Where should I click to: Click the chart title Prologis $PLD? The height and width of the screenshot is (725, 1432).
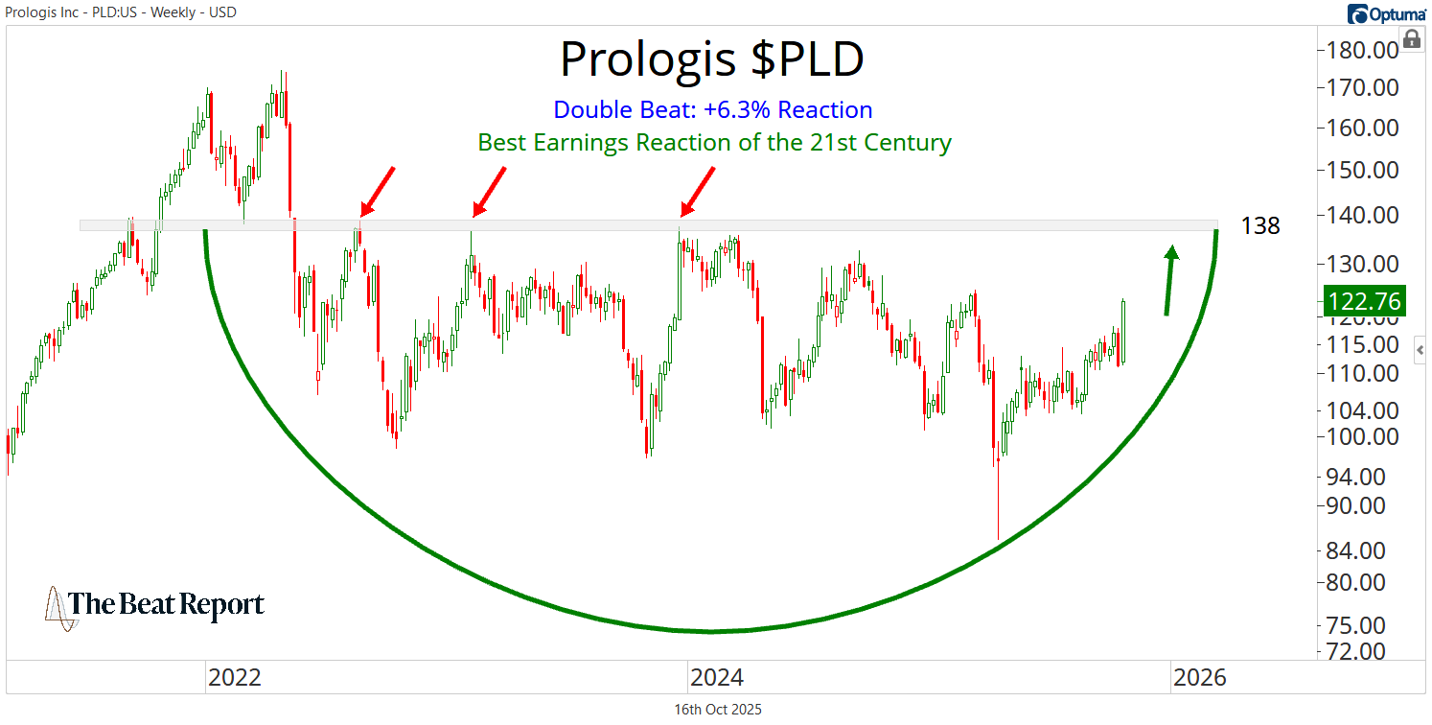coord(711,59)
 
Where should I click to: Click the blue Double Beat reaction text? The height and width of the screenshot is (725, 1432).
coord(713,109)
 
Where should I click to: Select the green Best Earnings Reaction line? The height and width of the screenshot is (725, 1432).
coord(714,143)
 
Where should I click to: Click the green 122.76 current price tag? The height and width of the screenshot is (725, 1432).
coord(1364,302)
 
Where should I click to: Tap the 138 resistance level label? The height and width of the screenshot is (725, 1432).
coord(1260,226)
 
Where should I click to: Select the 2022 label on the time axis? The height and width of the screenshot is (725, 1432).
coord(234,678)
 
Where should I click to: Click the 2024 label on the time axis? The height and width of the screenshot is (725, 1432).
coord(716,678)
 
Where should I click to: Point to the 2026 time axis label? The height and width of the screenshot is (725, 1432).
coord(1199,678)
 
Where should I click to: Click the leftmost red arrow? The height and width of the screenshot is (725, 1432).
coord(378,191)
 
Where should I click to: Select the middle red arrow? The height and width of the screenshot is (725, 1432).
coord(489,191)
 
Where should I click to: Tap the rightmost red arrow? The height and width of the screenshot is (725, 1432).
coord(698,191)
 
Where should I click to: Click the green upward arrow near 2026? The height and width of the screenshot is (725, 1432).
coord(1169,279)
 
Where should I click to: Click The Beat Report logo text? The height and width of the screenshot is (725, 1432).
coord(165,605)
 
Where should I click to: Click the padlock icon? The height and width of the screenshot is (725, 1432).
coord(1411,38)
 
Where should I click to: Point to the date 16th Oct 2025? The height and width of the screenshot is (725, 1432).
coord(718,710)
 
